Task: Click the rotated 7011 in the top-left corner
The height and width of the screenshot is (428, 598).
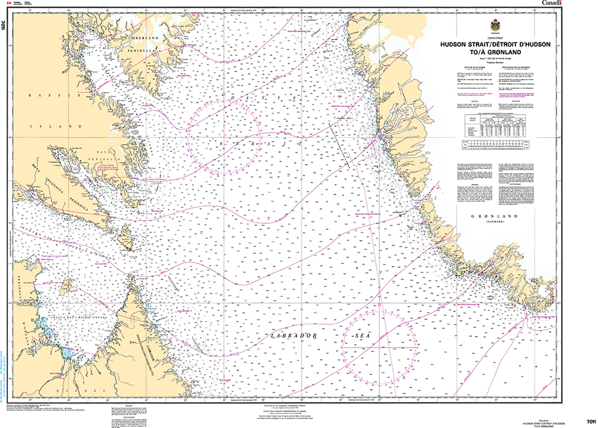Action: [x=5, y=26]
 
